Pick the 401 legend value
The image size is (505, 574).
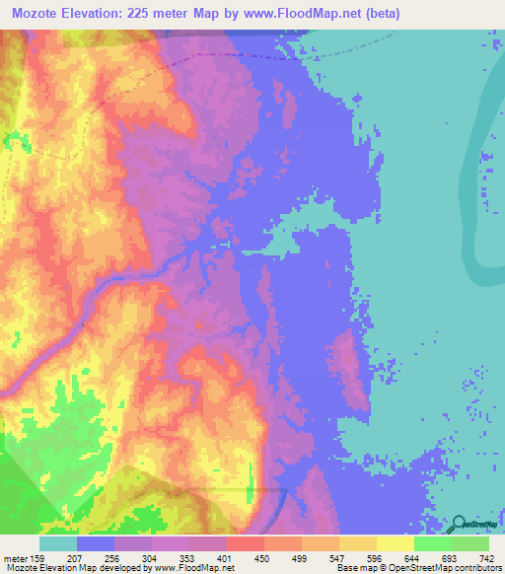(x=226, y=558)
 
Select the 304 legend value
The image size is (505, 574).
(x=151, y=558)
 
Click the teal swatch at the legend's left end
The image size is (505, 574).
(x=58, y=543)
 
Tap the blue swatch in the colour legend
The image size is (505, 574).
(x=96, y=543)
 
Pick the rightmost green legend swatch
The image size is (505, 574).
(x=470, y=543)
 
